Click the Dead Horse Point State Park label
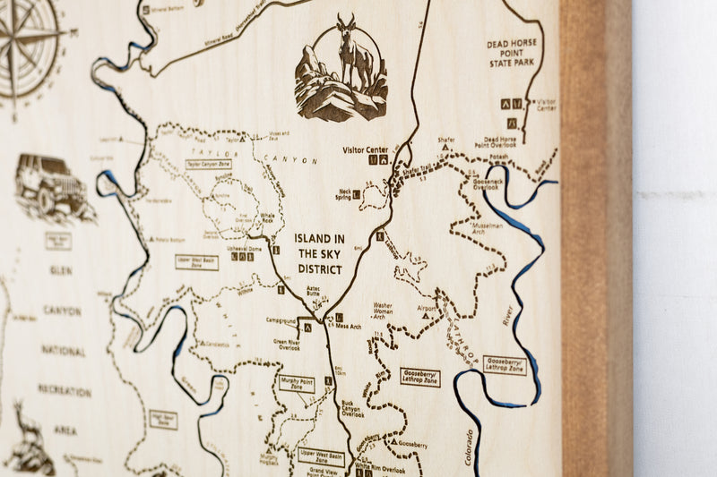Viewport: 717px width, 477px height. pyautogui.click(x=511, y=54)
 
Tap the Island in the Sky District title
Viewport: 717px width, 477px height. pyautogui.click(x=320, y=254)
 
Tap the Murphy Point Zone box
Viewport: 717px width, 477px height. pyautogui.click(x=297, y=383)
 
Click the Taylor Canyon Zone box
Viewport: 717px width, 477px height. pyautogui.click(x=207, y=165)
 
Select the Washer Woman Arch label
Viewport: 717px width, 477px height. pyautogui.click(x=383, y=311)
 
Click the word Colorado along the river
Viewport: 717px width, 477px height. pyautogui.click(x=469, y=447)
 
